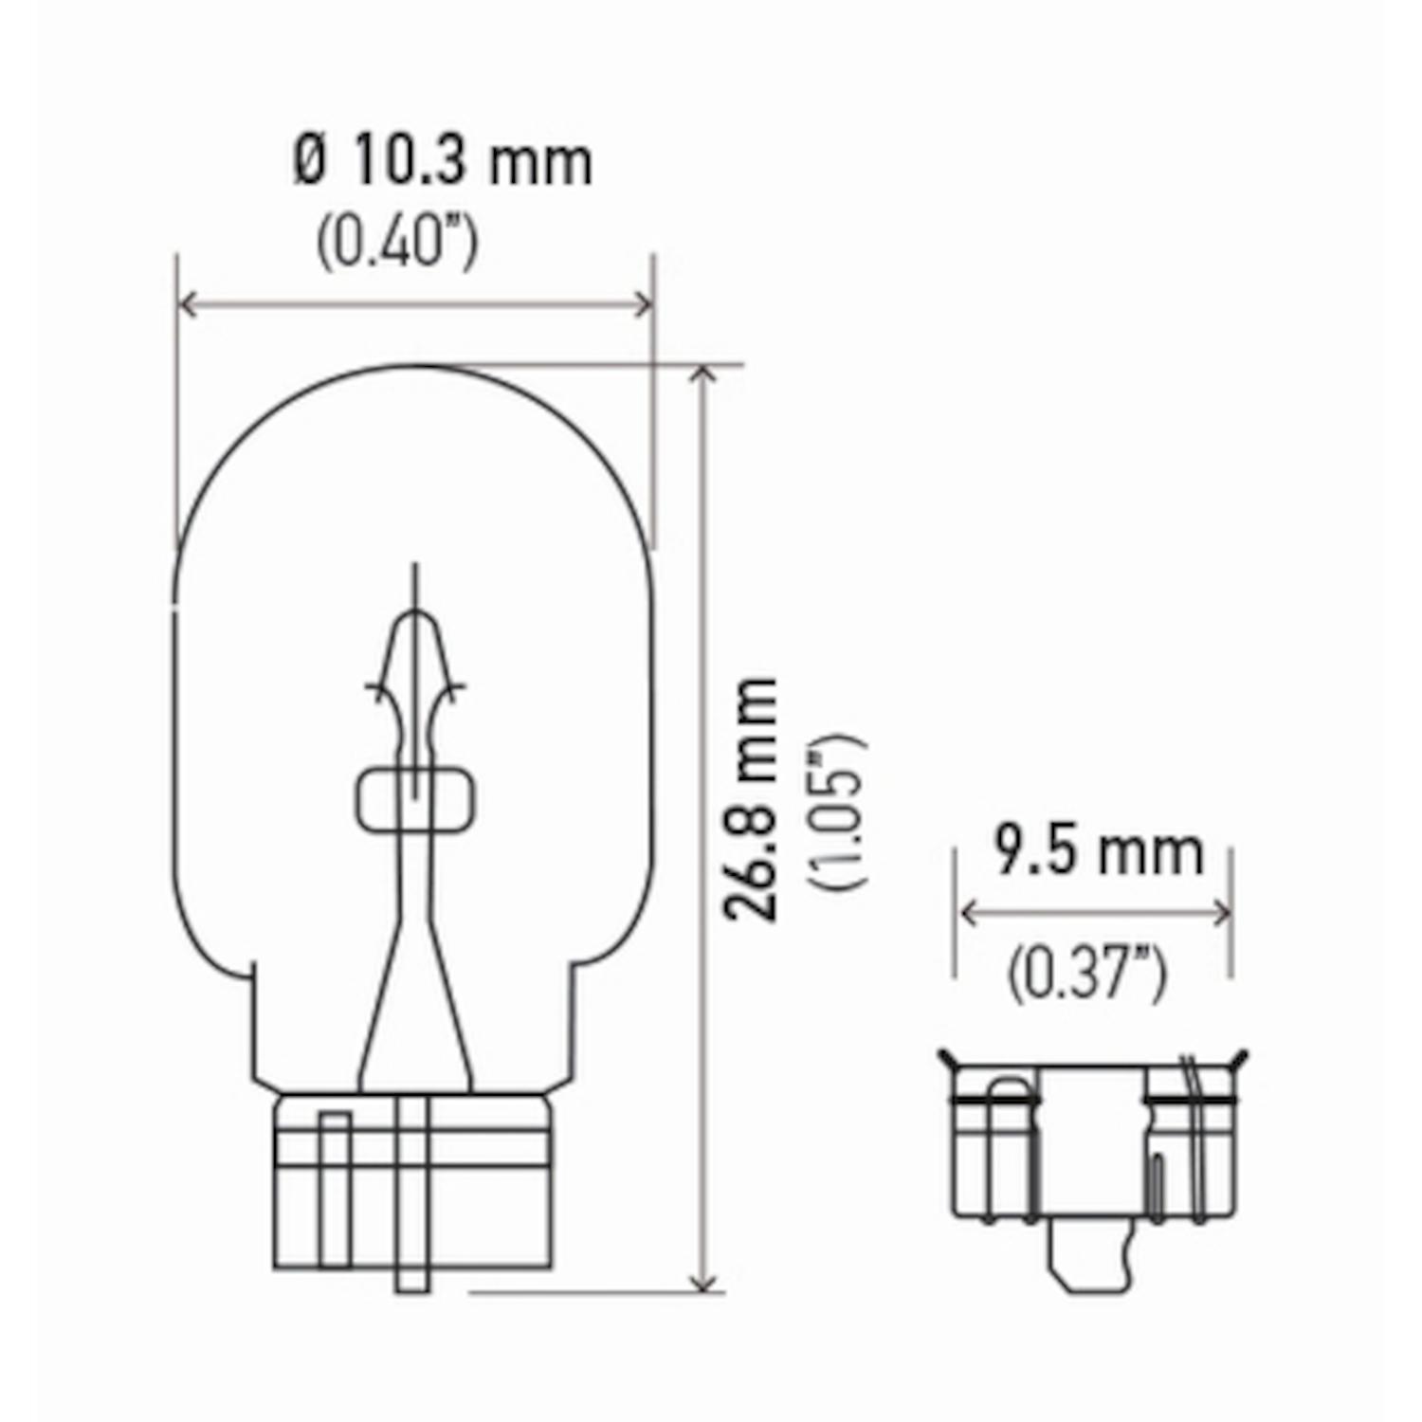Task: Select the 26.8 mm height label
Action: click(752, 799)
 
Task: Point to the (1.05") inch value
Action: click(837, 811)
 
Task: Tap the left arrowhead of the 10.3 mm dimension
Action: click(188, 305)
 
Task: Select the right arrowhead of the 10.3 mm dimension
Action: click(644, 305)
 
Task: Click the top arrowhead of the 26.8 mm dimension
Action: click(702, 375)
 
